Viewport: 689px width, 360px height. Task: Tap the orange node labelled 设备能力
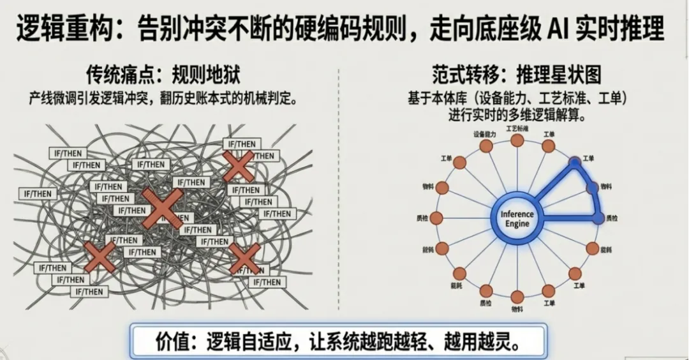click(485, 146)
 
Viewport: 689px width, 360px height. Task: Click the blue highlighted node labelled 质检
click(598, 218)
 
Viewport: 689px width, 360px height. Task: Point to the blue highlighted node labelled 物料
click(592, 187)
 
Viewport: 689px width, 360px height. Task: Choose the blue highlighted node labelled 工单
click(574, 162)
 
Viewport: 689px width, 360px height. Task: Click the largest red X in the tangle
click(161, 208)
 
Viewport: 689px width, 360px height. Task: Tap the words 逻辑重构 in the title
click(54, 29)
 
